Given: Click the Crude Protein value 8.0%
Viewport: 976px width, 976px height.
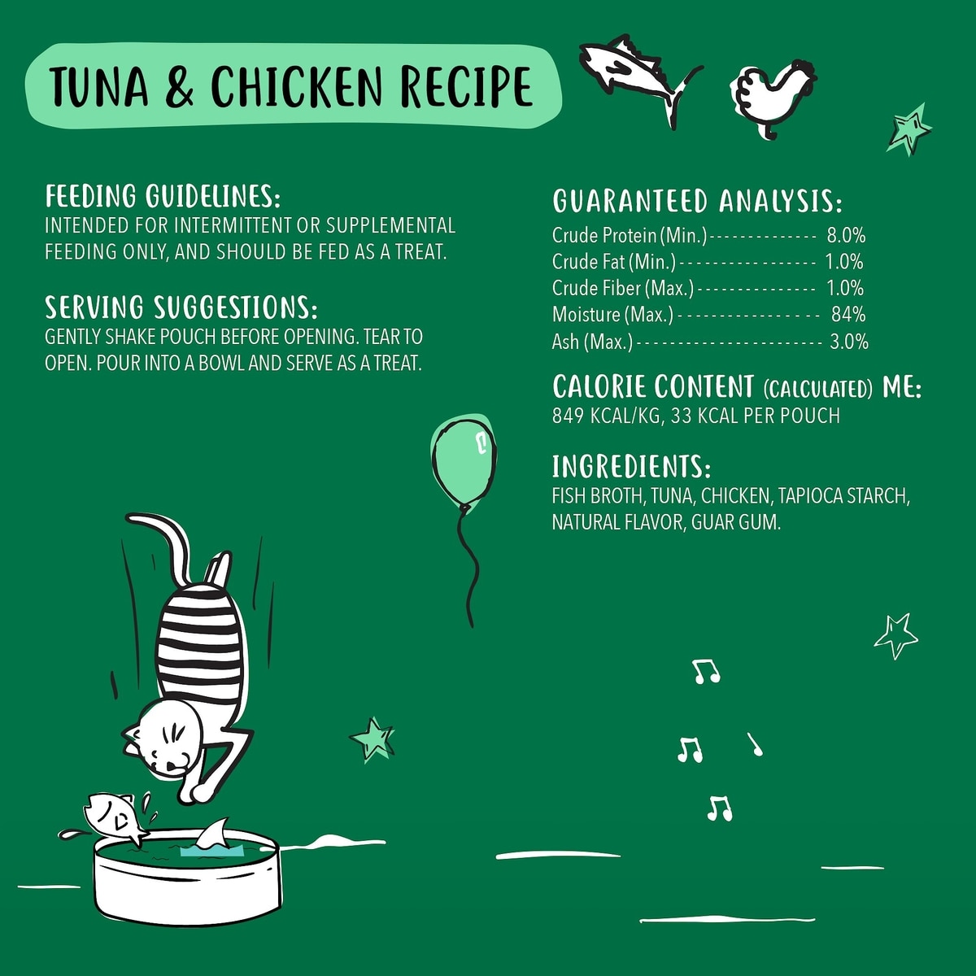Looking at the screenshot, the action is (847, 236).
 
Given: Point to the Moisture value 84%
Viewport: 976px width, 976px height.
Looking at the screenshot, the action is (848, 315).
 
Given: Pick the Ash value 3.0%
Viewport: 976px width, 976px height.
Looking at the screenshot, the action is (849, 342).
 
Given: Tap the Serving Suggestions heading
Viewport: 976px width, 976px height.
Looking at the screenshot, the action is (181, 307).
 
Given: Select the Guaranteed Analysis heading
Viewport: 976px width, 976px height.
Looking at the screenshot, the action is (697, 201).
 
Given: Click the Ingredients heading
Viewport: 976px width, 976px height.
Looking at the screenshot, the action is (631, 467).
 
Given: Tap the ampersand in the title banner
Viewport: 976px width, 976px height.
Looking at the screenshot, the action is (179, 86).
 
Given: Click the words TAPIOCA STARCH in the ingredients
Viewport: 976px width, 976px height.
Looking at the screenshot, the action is (842, 496).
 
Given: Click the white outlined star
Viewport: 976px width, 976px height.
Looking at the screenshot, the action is (895, 636).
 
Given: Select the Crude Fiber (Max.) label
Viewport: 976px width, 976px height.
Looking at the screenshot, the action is (623, 288).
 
